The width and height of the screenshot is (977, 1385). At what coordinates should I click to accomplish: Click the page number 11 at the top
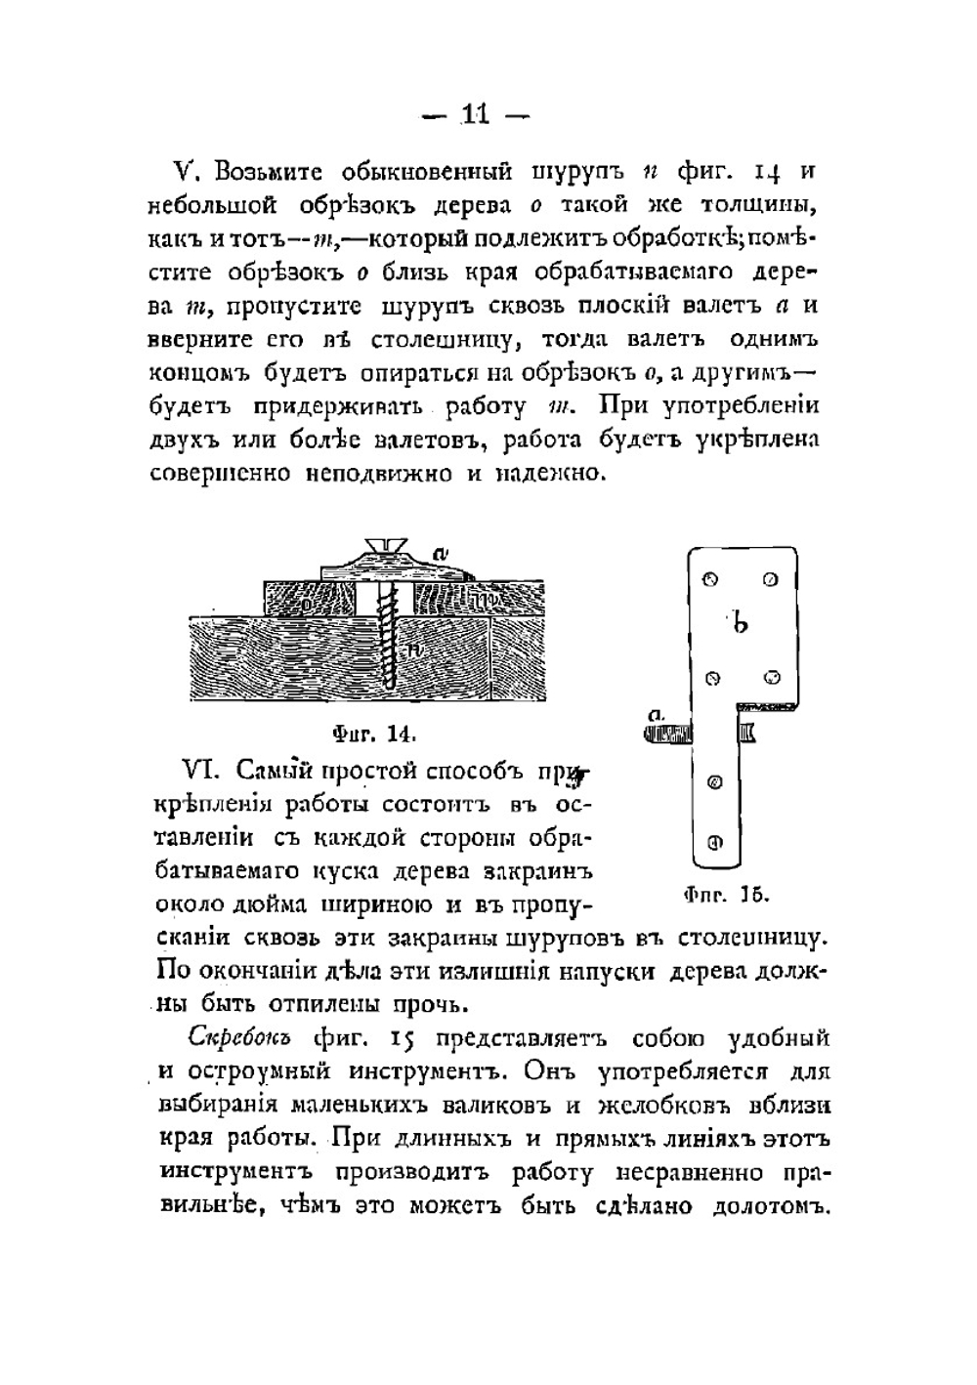click(x=475, y=114)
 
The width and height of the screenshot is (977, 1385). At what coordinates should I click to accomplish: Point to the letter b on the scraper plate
click(x=742, y=621)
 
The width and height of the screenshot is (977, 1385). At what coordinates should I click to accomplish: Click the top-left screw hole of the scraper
click(x=710, y=579)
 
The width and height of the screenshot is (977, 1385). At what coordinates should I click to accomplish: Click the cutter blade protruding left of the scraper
click(x=668, y=733)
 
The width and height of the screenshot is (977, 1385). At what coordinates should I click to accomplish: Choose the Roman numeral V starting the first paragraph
click(x=186, y=172)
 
